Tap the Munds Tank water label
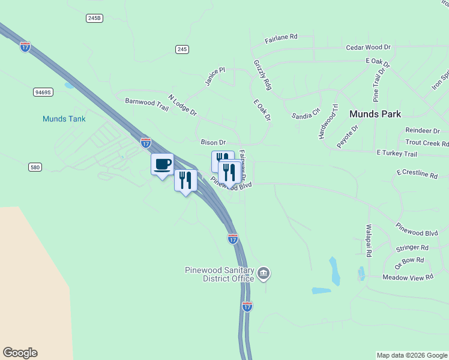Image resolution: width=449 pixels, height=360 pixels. [x=64, y=119]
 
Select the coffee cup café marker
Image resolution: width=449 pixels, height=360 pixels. [x=162, y=164]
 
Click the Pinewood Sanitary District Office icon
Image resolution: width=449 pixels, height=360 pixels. [x=264, y=274]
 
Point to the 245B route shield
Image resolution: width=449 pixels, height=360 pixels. [x=94, y=19]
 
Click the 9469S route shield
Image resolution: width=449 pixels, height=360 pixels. [x=43, y=92]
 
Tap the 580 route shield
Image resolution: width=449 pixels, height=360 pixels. [x=35, y=167]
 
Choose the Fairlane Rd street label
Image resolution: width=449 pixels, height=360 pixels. [x=281, y=37]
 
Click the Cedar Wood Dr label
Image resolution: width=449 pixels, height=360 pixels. [x=368, y=47]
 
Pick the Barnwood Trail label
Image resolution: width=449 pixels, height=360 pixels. [x=147, y=103]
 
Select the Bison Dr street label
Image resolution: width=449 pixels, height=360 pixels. [x=213, y=142]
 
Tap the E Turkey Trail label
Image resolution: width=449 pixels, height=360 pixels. [x=397, y=154]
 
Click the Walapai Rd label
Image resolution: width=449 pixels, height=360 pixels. [x=369, y=241]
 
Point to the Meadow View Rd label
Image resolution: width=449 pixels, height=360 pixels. [x=408, y=277]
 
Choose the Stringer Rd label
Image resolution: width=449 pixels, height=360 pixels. [x=412, y=247]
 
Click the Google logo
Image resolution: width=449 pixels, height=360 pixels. [x=20, y=353]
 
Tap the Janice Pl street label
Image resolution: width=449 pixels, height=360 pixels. [x=214, y=77]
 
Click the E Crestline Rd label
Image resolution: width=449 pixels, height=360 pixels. [x=417, y=173]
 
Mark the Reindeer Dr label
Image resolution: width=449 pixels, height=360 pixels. [x=423, y=130]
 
